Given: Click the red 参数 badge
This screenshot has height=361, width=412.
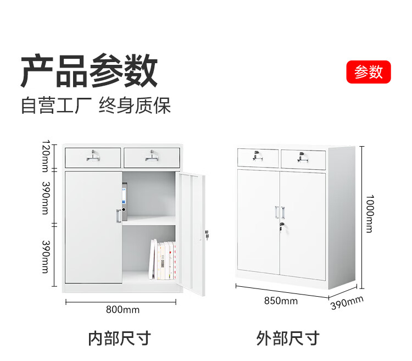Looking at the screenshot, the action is pos(368,72).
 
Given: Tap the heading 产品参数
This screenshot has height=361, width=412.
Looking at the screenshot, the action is pos(89,71).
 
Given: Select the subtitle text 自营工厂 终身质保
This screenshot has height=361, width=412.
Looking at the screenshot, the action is pos(96,105).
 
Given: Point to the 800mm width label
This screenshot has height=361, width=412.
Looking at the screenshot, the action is pos(123,310).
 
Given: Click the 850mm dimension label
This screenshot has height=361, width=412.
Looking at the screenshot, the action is pos(280,301).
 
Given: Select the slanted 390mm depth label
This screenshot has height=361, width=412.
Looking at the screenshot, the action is pos(347,303).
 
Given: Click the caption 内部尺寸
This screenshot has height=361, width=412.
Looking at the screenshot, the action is pos(119,338).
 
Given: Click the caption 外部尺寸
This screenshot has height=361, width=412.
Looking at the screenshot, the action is pos(287,338).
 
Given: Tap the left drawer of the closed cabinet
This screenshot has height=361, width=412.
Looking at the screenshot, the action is pos(258,157).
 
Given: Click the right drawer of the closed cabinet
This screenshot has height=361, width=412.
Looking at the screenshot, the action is pos(303,158).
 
